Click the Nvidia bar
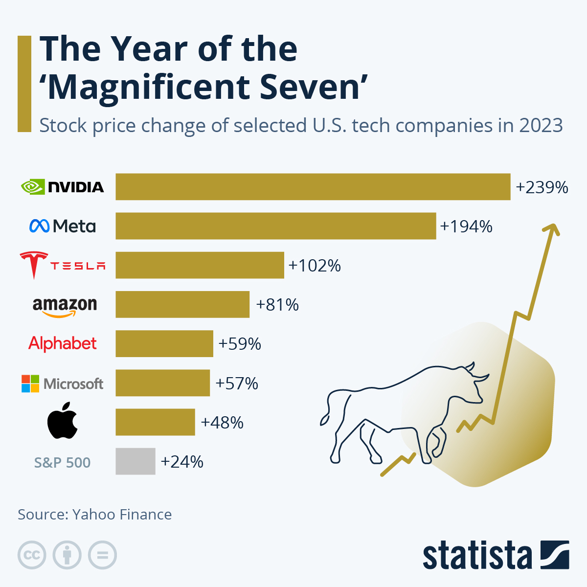pos(313,187)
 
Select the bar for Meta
pos(275,226)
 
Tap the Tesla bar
pos(200,265)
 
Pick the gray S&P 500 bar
pos(135,461)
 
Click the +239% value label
pos(542,187)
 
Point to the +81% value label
pos(277,305)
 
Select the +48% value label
pos(222,422)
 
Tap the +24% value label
pos(182,462)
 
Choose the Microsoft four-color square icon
pos(30,384)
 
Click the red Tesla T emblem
pos(34,265)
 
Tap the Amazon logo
pos(65,307)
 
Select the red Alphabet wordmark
pos(63,343)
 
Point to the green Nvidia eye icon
pos(33,187)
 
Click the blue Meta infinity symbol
pos(39,226)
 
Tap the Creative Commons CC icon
pos(32,555)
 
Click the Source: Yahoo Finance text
pos(95,515)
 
